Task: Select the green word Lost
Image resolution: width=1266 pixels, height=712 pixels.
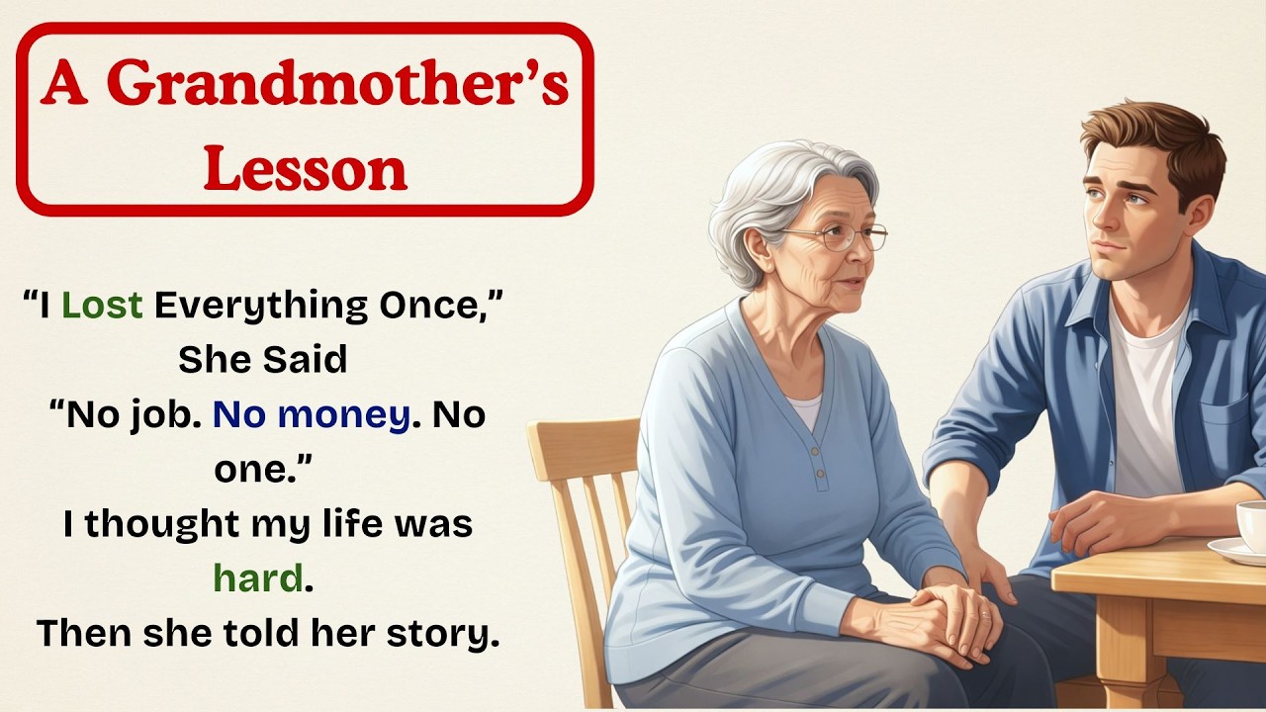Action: tap(102, 307)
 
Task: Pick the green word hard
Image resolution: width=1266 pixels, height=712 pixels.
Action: tap(257, 578)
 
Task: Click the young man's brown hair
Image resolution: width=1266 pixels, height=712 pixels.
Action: tap(1157, 138)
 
